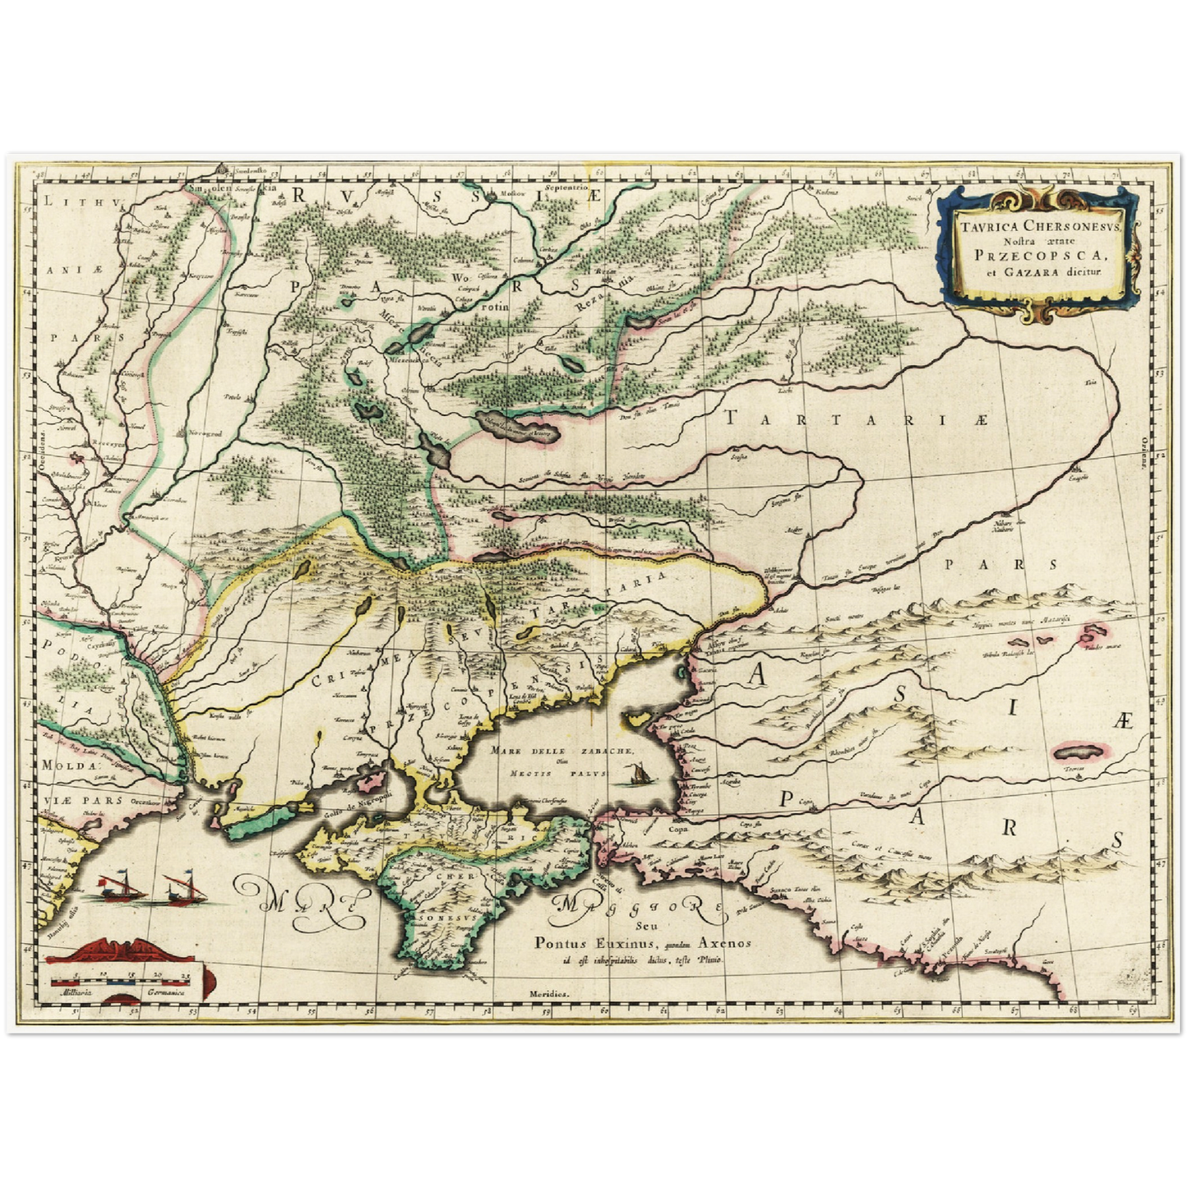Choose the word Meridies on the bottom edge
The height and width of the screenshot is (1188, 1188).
point(549,993)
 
